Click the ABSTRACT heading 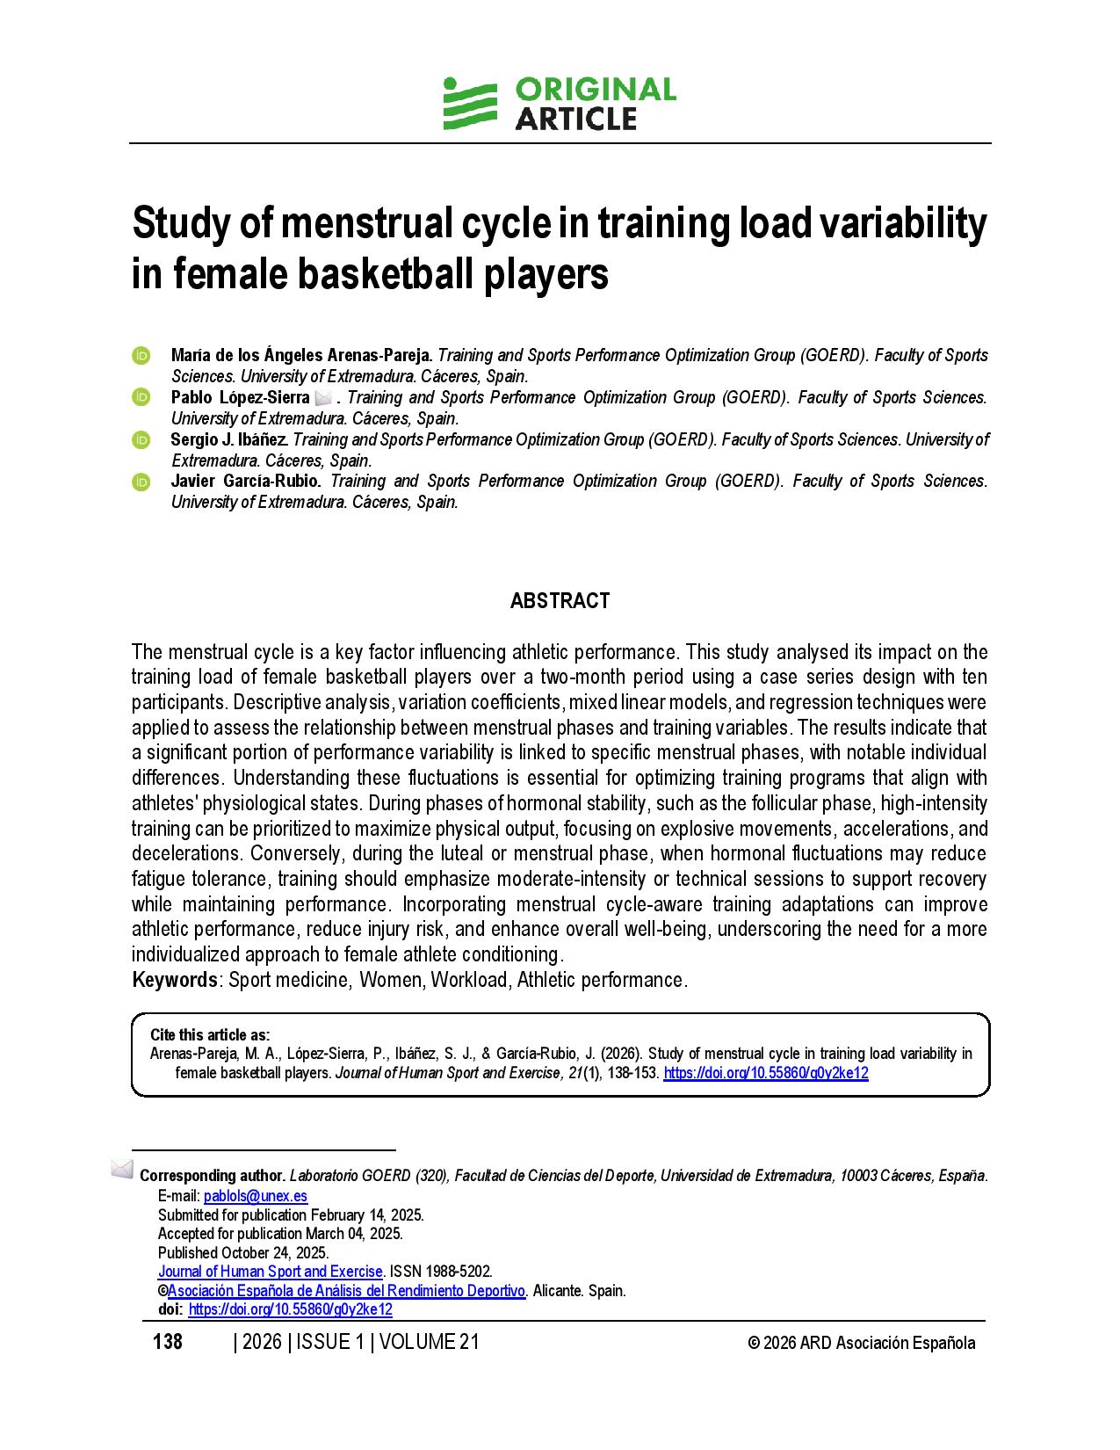tap(560, 601)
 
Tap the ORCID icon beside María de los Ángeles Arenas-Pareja tap(141, 356)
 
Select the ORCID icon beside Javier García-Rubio tap(141, 482)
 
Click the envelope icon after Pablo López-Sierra tap(322, 398)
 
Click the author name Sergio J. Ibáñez tap(229, 439)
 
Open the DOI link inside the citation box tap(765, 1073)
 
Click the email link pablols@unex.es tap(256, 1196)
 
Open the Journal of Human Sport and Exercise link tap(270, 1272)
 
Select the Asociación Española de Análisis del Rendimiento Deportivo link tap(346, 1291)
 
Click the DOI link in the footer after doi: tap(290, 1309)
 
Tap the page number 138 tap(168, 1342)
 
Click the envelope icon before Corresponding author tap(122, 1170)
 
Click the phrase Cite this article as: tap(210, 1034)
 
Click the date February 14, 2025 tap(366, 1215)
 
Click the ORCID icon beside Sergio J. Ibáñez tap(141, 439)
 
